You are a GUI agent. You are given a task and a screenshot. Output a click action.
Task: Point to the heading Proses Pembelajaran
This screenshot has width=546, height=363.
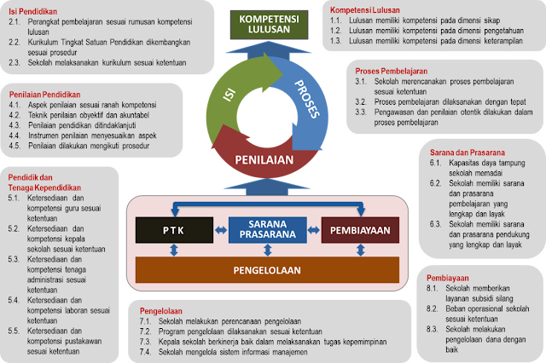click(x=392, y=70)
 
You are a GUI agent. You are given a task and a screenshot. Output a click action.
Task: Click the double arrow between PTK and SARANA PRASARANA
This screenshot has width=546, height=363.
click(x=218, y=229)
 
